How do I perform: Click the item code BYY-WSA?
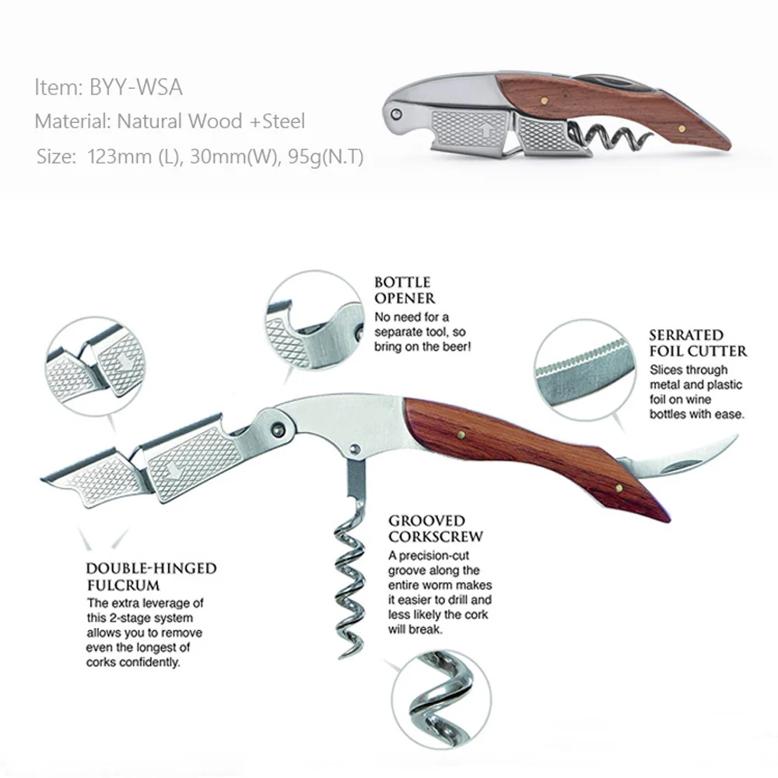(x=135, y=87)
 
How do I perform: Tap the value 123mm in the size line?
(x=118, y=157)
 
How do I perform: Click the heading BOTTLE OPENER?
(x=405, y=290)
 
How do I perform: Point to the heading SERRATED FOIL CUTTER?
(x=698, y=343)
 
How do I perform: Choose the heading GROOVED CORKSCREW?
(x=436, y=529)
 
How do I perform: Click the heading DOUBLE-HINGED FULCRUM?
(x=152, y=576)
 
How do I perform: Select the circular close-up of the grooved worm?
(x=441, y=699)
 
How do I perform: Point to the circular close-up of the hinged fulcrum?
(x=96, y=366)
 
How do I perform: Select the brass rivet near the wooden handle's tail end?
(x=619, y=489)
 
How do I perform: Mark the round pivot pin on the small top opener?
(x=396, y=114)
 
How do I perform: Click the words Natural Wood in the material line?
(x=180, y=121)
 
